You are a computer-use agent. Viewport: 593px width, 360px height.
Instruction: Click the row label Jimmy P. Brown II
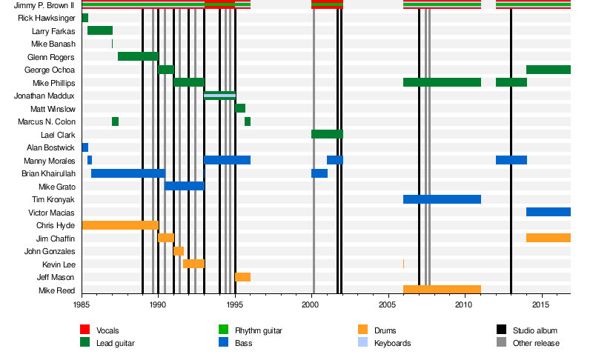click(45, 5)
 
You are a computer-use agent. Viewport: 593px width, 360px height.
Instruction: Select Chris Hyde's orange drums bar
click(119, 225)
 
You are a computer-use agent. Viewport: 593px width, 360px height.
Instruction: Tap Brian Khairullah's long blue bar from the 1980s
click(127, 173)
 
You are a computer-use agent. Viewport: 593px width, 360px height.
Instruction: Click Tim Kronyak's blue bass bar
click(442, 199)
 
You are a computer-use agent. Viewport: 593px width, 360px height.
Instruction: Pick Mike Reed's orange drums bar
click(442, 290)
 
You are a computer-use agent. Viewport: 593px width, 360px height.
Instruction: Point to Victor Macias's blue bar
click(548, 212)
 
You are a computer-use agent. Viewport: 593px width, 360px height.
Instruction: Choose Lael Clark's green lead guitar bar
click(327, 134)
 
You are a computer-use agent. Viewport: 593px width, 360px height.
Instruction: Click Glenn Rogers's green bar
click(138, 56)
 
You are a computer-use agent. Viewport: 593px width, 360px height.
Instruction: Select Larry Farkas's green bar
click(100, 30)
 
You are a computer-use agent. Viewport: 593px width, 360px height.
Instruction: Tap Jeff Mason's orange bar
click(242, 277)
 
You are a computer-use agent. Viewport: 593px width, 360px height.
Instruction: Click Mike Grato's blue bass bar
click(184, 186)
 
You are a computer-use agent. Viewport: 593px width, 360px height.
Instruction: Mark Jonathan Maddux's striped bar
click(219, 96)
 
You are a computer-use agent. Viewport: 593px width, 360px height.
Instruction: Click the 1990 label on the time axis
click(158, 304)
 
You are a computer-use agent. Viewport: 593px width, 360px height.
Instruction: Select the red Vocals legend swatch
click(85, 330)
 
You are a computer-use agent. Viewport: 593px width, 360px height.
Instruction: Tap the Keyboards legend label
click(392, 343)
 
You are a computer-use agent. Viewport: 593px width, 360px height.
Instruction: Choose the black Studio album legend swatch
click(501, 330)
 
